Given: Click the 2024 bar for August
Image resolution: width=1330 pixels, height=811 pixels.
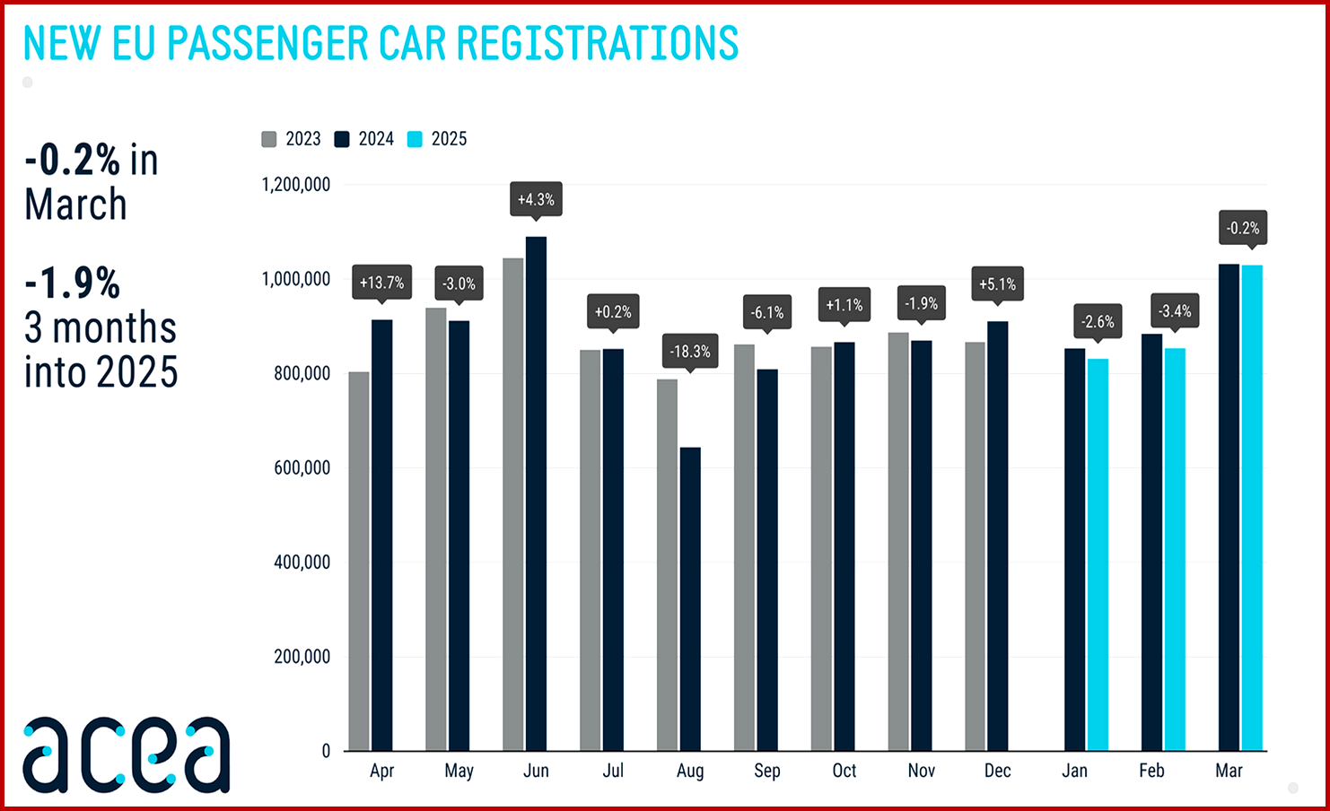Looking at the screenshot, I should point(690,598).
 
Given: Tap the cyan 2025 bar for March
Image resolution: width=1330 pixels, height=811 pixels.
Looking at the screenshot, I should point(1252,507).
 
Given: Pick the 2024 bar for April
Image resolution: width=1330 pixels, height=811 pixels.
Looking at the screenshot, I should point(382,535).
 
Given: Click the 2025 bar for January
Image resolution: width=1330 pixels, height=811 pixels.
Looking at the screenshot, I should point(1098,554).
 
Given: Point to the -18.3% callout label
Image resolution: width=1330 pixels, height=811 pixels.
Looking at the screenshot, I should point(690,351).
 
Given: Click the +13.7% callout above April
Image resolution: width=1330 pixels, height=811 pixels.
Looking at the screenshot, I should point(382,283).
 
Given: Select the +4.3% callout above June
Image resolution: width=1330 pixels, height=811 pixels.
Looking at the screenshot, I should point(536,199).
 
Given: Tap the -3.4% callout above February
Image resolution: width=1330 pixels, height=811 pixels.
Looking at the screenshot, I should point(1175,311).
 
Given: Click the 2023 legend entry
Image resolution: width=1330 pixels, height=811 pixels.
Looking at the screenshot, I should point(292,139).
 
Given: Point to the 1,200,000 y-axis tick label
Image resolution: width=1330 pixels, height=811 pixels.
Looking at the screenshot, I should point(296,185).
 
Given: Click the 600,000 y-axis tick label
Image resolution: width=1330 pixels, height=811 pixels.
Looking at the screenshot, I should point(302,467).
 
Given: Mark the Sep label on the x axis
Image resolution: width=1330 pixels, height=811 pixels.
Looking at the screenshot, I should point(767,771).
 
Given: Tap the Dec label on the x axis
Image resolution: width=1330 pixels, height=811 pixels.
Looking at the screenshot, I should point(998,771).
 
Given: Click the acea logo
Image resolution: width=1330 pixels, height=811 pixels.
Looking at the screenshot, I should point(127,754).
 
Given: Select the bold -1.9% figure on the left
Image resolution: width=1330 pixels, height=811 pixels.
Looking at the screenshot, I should point(73,283).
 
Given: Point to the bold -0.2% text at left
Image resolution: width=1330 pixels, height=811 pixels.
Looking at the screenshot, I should point(73,161).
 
